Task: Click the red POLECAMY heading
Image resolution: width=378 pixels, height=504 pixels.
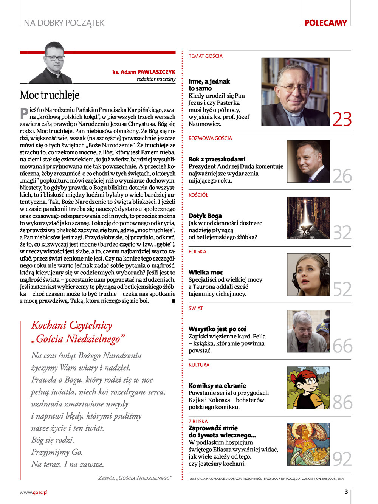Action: point(325,23)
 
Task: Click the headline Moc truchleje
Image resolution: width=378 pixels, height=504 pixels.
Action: point(50,95)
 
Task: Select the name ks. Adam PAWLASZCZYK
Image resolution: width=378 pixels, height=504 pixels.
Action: point(144,72)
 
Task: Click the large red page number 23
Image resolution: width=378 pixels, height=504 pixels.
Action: point(342,119)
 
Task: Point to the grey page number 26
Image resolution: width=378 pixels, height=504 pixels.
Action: point(342,176)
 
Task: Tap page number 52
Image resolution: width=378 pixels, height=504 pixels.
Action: point(342,289)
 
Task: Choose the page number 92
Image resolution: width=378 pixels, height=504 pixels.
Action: point(342,459)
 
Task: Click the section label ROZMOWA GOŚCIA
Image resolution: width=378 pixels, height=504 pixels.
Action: point(210,138)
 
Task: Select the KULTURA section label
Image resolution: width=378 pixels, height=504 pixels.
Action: point(199,365)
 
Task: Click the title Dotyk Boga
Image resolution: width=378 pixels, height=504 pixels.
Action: point(205,216)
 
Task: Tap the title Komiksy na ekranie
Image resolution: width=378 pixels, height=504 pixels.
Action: point(217,386)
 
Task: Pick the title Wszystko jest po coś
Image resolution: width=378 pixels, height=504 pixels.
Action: point(217,329)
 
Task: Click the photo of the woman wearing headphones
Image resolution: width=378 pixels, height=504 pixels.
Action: point(308,275)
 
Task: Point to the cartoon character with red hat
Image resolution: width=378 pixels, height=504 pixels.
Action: point(308,388)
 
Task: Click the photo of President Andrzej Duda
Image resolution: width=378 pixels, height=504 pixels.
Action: point(308,161)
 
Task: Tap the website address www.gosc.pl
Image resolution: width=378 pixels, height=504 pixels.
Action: point(34,492)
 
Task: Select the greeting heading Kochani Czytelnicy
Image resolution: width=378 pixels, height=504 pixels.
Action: point(72,325)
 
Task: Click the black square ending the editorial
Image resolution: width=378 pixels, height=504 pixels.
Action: point(174,301)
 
